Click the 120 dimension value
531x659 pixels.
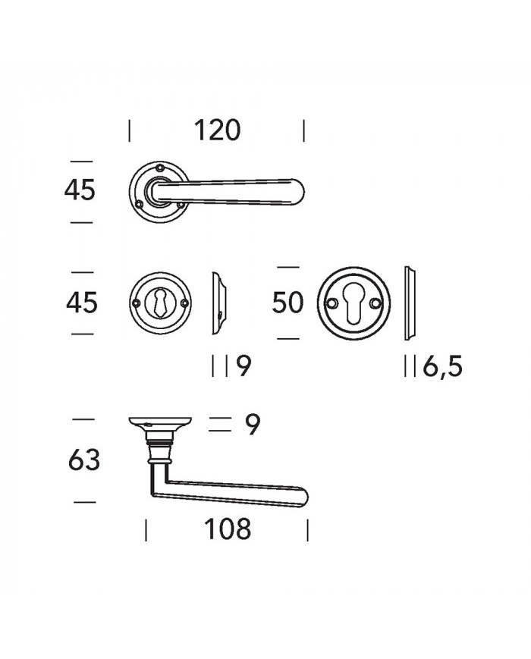click(x=217, y=130)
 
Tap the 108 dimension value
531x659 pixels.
click(x=228, y=529)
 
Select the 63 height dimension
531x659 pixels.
click(x=84, y=460)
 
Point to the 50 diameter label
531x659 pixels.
click(x=287, y=303)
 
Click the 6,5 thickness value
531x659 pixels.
click(x=442, y=366)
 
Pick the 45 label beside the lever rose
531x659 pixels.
click(x=80, y=190)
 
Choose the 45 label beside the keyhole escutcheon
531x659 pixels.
click(x=82, y=303)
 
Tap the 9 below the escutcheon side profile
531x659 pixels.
click(x=244, y=366)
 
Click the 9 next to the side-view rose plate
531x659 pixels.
click(x=253, y=425)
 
